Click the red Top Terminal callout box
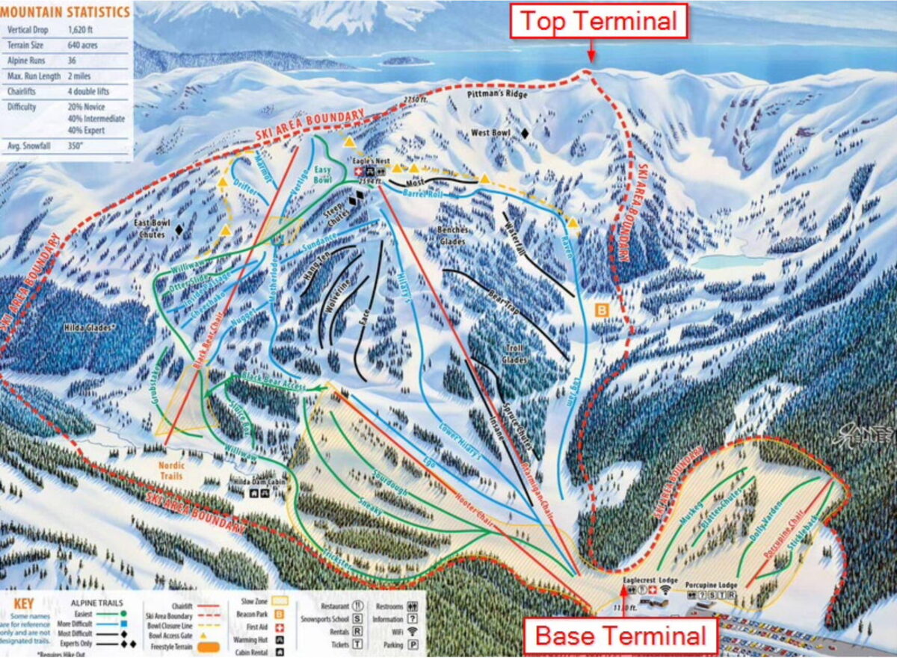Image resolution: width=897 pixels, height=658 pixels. pyautogui.click(x=598, y=21)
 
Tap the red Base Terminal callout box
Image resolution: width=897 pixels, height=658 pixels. pyautogui.click(x=621, y=637)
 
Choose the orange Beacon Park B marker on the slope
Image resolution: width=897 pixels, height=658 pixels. pyautogui.click(x=602, y=308)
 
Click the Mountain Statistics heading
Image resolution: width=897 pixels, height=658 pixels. pyautogui.click(x=66, y=11)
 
